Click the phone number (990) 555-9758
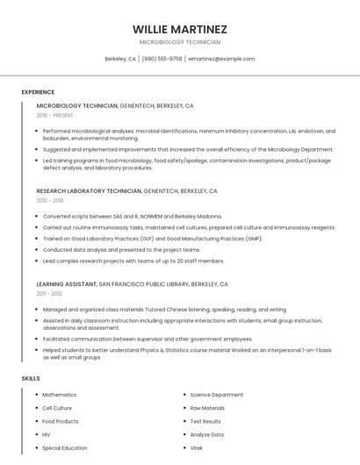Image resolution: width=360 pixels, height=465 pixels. click(x=162, y=59)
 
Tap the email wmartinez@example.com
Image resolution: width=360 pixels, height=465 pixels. click(x=221, y=59)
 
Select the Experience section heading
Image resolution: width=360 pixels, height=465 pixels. click(x=38, y=92)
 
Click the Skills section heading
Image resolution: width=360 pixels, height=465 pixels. click(x=31, y=378)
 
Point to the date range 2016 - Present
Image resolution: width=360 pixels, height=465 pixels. click(x=54, y=115)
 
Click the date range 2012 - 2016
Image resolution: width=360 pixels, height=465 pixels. click(x=49, y=200)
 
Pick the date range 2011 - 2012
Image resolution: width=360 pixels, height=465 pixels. click(x=49, y=294)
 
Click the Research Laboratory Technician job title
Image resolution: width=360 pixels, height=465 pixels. click(x=89, y=190)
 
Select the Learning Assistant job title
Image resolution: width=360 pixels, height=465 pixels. click(x=67, y=284)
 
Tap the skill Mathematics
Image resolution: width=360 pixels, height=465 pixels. click(x=60, y=395)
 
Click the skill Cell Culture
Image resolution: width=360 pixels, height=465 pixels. click(x=59, y=408)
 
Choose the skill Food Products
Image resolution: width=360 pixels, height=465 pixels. click(x=61, y=421)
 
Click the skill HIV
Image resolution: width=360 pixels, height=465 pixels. click(x=47, y=434)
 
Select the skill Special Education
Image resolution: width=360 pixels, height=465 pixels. click(x=65, y=447)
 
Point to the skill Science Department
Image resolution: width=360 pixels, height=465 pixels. click(x=217, y=395)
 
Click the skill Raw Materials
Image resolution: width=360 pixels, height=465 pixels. click(x=207, y=408)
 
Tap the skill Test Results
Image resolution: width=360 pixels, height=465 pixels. click(x=205, y=421)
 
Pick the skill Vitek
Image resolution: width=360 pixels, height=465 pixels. click(x=197, y=447)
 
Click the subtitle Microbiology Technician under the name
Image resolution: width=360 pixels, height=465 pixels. click(x=180, y=42)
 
